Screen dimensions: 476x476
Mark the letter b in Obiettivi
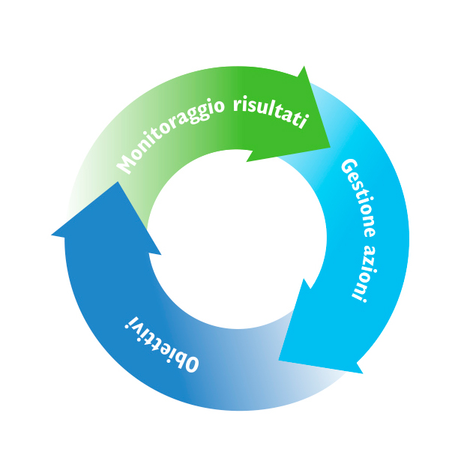pyautogui.click(x=181, y=358)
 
